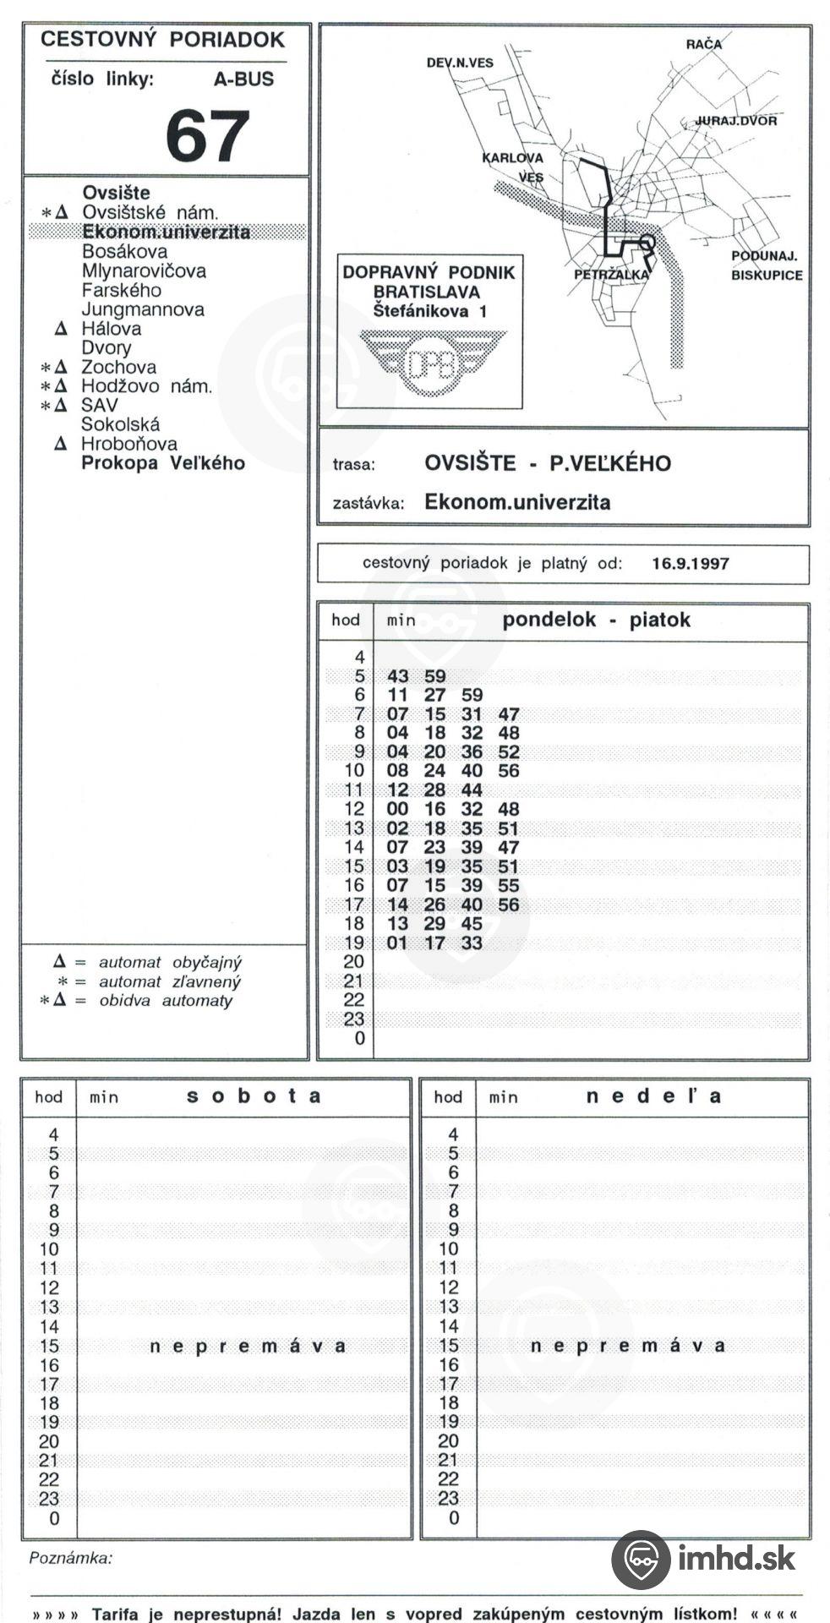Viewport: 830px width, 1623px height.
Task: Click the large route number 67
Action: tap(207, 135)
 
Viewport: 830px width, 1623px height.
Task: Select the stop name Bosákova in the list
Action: tap(124, 252)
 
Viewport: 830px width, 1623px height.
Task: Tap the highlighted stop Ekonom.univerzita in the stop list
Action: tap(166, 232)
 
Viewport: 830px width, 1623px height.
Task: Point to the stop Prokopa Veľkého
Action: tap(162, 463)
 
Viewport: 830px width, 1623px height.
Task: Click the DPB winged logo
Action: tap(432, 362)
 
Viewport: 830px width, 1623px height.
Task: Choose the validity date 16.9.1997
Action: tap(690, 564)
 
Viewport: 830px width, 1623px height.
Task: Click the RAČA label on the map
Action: tap(704, 44)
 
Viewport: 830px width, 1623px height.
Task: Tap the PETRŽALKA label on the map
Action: tap(610, 275)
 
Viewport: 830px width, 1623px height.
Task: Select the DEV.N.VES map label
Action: tap(460, 63)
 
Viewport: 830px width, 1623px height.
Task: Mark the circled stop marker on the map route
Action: tap(647, 243)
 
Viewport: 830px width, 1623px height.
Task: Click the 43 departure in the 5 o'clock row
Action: tap(397, 676)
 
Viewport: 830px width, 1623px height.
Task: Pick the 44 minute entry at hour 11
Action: tap(472, 790)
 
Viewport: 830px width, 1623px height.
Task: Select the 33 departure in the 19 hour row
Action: tap(472, 943)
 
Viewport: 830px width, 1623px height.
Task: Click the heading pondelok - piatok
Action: tap(596, 620)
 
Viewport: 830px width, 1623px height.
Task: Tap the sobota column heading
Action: tap(254, 1096)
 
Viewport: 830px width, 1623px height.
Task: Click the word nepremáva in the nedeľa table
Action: tap(627, 1346)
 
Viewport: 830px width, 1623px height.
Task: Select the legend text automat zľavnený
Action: tap(169, 981)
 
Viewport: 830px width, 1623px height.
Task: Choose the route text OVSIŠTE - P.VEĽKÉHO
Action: tap(547, 463)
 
